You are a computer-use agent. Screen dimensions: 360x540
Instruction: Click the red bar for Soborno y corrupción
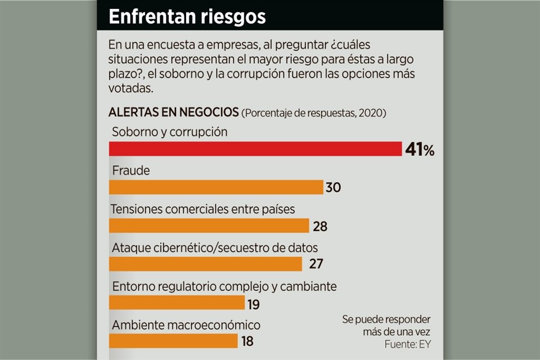(255, 148)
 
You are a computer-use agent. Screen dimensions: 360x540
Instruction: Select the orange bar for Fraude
(215, 187)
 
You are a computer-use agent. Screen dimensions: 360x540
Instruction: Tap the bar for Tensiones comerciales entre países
(209, 226)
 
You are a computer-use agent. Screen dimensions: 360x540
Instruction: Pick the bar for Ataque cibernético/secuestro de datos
(205, 264)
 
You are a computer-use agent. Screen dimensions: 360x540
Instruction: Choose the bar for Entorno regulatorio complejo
(177, 303)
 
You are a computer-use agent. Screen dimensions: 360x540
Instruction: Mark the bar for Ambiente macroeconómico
(173, 341)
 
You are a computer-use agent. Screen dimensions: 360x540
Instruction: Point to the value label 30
(334, 187)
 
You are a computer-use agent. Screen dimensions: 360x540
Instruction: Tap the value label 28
(319, 226)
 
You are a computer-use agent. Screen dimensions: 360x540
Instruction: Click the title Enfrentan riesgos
(187, 16)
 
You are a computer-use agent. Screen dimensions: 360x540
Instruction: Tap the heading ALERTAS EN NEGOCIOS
(173, 112)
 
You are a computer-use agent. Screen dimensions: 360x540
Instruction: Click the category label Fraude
(131, 170)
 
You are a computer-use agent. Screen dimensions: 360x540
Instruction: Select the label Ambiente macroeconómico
(186, 325)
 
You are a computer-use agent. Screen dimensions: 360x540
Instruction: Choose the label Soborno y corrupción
(169, 132)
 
